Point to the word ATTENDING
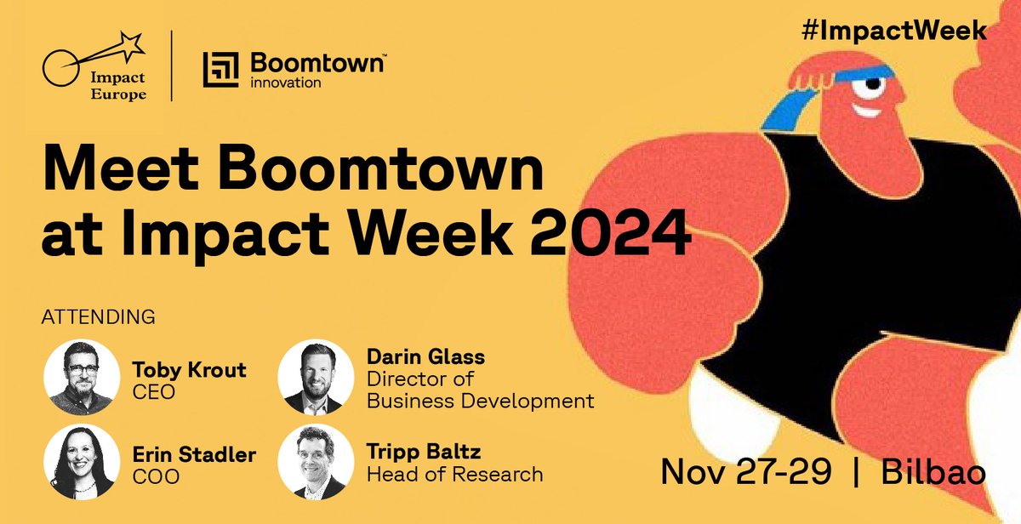(x=99, y=317)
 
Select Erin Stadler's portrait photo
(x=81, y=462)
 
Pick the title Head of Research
(x=454, y=474)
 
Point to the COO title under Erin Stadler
(x=156, y=477)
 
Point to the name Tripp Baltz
(x=423, y=453)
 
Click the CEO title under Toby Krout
(x=152, y=393)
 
